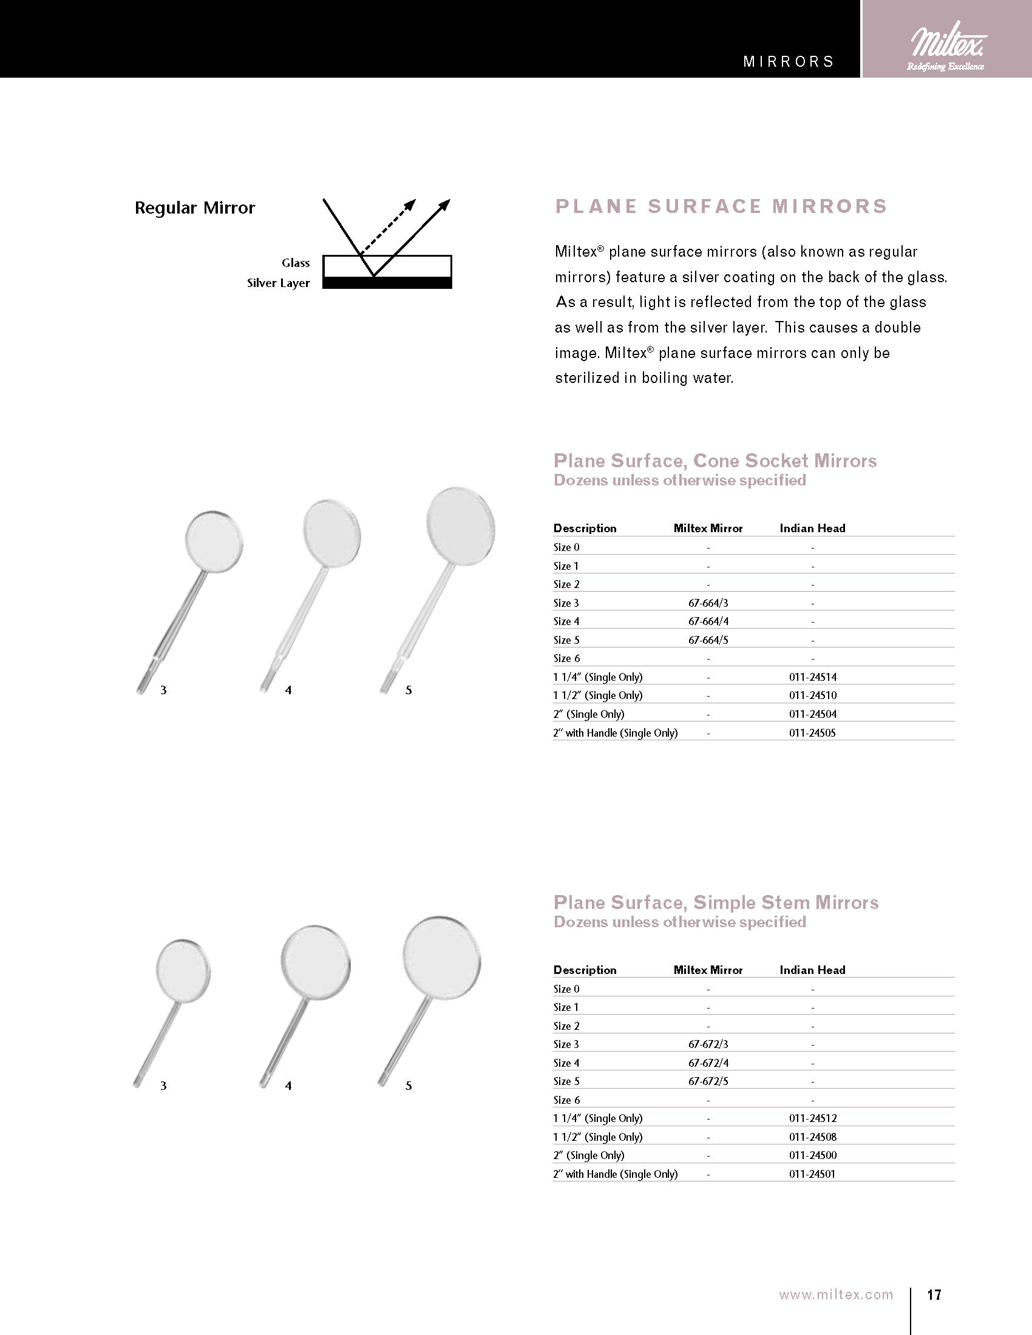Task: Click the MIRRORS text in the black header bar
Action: (789, 62)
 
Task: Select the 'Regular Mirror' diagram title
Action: (194, 208)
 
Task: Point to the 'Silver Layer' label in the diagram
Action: (278, 283)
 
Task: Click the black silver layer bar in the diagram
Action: (387, 283)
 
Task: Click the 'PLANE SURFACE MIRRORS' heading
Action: (721, 206)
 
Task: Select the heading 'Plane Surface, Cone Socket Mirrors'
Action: (715, 461)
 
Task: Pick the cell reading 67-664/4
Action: (708, 621)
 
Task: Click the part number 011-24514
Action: (812, 677)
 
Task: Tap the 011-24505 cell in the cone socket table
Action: (812, 732)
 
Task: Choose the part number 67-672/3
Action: (708, 1044)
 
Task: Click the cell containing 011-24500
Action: (812, 1155)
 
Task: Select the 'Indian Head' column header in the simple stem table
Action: (812, 970)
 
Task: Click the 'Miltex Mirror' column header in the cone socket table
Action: (708, 528)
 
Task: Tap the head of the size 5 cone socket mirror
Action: (460, 524)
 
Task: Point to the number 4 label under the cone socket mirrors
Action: (288, 690)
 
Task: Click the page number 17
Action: (934, 1295)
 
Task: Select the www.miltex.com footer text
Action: (836, 1295)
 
